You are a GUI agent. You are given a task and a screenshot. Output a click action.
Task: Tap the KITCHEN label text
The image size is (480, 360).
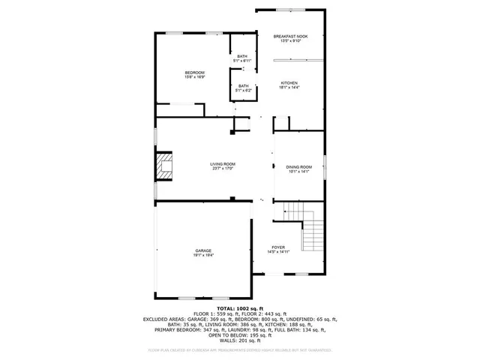click(x=289, y=82)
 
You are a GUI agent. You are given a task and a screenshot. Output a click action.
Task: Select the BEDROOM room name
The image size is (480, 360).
click(x=195, y=73)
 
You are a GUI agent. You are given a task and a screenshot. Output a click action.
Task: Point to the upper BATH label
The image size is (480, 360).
click(x=242, y=56)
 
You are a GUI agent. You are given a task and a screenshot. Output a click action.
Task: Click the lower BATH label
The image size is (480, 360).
click(x=244, y=85)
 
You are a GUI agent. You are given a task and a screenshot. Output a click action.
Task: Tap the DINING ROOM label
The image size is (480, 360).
click(x=298, y=166)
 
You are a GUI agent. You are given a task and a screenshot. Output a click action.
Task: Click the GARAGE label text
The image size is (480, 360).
click(x=203, y=250)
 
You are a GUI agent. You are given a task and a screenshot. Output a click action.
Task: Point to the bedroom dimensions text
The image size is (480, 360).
click(x=195, y=77)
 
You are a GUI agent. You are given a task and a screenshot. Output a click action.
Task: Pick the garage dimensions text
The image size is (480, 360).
click(x=203, y=255)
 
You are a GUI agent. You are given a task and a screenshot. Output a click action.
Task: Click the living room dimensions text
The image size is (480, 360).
click(x=223, y=169)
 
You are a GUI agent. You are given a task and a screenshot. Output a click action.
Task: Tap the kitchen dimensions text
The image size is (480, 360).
click(x=289, y=88)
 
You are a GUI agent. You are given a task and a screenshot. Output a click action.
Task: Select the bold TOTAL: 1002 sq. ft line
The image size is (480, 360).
click(x=240, y=308)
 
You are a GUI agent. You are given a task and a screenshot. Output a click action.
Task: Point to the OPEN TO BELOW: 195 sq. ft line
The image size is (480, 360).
click(x=240, y=334)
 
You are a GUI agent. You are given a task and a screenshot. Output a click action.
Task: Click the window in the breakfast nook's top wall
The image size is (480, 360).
click(x=290, y=10)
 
